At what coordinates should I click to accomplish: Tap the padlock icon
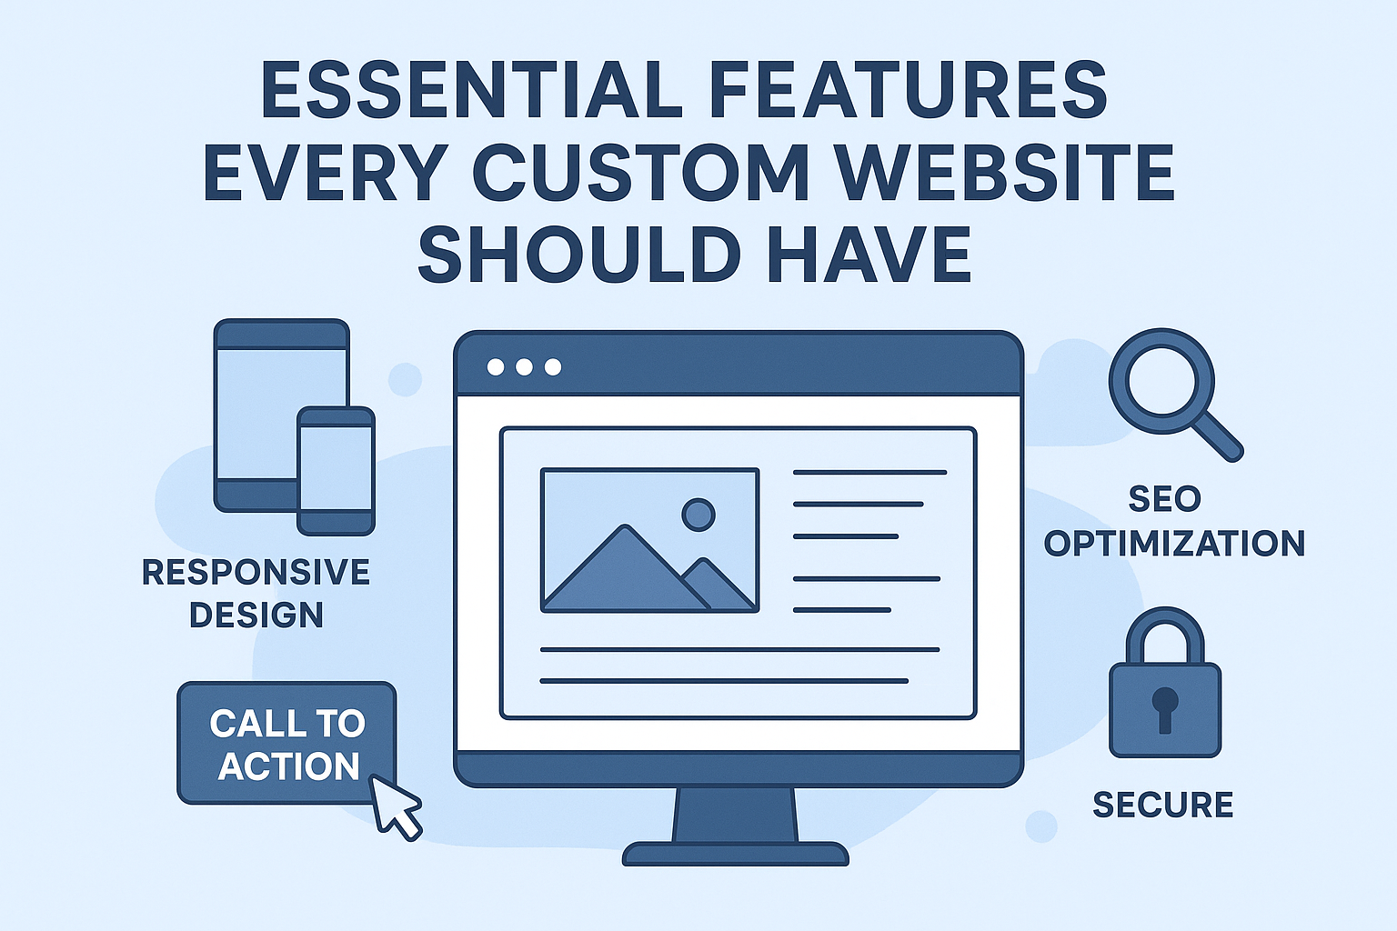tap(1165, 691)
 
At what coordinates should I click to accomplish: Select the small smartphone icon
tap(336, 470)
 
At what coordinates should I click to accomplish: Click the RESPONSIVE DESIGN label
tap(256, 593)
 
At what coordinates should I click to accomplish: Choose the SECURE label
tap(1162, 805)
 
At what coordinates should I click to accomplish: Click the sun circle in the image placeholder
tap(698, 515)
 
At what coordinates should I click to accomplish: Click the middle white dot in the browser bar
tap(524, 367)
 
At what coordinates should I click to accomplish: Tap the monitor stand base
tap(735, 854)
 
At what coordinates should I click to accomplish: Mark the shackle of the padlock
tap(1165, 636)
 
